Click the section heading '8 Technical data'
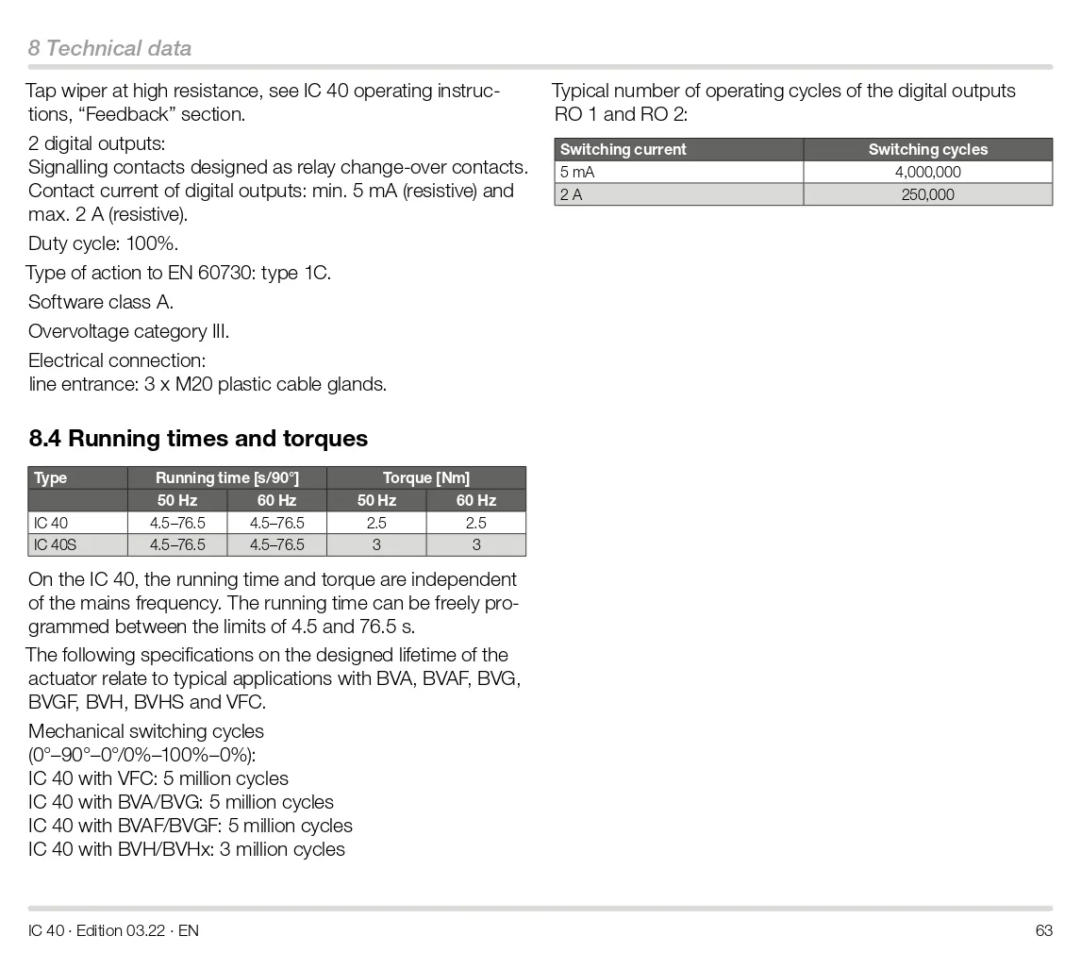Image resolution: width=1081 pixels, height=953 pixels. pos(109,48)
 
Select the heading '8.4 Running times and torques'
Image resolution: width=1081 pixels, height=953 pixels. pos(198,439)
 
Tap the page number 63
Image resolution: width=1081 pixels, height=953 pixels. pos(1043,930)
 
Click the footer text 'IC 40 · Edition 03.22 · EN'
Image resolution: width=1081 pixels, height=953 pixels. pos(113,930)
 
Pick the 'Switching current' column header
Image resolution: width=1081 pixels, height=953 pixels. pos(624,149)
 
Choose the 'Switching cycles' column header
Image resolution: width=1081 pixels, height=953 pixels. pos(927,149)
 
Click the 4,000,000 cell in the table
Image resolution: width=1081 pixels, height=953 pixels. pos(927,172)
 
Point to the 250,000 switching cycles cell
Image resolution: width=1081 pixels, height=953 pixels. pos(927,194)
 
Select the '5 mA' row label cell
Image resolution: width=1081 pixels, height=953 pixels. pos(577,172)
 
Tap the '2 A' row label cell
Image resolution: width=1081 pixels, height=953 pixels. pos(572,194)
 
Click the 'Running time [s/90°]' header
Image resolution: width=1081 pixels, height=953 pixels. pos(226,477)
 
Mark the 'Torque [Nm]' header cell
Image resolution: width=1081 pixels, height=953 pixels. pos(425,477)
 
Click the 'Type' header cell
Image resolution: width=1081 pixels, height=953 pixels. pos(51,477)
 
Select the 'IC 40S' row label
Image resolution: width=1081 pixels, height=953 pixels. pos(56,544)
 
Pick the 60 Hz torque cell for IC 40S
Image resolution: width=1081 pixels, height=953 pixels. pos(475,544)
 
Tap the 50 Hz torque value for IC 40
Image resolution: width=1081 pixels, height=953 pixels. pos(376,523)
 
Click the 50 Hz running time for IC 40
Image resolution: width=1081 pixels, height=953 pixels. pos(177,523)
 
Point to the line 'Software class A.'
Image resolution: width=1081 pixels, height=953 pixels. pos(101,302)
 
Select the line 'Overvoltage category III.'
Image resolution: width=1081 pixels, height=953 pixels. pos(128,331)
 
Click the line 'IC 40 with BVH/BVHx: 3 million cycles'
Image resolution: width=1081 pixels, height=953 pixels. pos(187,849)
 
